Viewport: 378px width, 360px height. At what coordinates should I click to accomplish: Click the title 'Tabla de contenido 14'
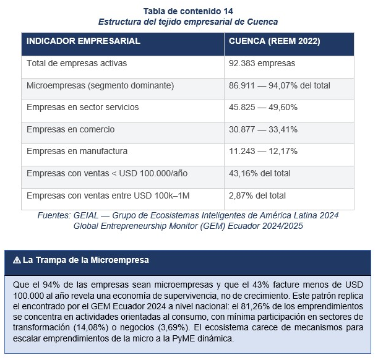188,11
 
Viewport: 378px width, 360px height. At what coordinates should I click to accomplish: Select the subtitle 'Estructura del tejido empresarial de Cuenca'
188,22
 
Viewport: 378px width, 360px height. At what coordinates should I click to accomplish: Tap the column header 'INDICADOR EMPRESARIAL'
84,41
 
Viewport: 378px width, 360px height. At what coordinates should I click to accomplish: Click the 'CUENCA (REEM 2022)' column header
275,41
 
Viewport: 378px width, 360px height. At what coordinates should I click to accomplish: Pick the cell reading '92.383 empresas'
262,63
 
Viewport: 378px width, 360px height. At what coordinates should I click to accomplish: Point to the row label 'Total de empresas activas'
77,63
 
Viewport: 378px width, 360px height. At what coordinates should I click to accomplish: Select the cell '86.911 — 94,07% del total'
280,85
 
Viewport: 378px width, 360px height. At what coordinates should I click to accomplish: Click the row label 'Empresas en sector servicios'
83,107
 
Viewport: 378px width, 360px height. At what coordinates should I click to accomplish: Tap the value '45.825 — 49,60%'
264,107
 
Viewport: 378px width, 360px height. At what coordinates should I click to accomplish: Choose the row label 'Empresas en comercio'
71,129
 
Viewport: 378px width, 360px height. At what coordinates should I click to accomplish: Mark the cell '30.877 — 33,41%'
264,129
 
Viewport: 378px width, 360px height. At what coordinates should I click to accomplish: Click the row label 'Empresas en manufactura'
77,151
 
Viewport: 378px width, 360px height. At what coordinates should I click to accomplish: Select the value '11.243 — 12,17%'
264,151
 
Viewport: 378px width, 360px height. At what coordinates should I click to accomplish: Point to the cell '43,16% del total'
260,173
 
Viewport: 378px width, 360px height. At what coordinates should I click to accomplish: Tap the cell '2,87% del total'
257,195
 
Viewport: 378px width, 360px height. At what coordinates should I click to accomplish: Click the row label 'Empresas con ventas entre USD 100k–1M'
108,195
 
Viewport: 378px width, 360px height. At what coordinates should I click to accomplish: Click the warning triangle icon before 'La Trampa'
17,260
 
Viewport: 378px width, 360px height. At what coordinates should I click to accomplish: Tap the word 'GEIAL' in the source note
86,215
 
